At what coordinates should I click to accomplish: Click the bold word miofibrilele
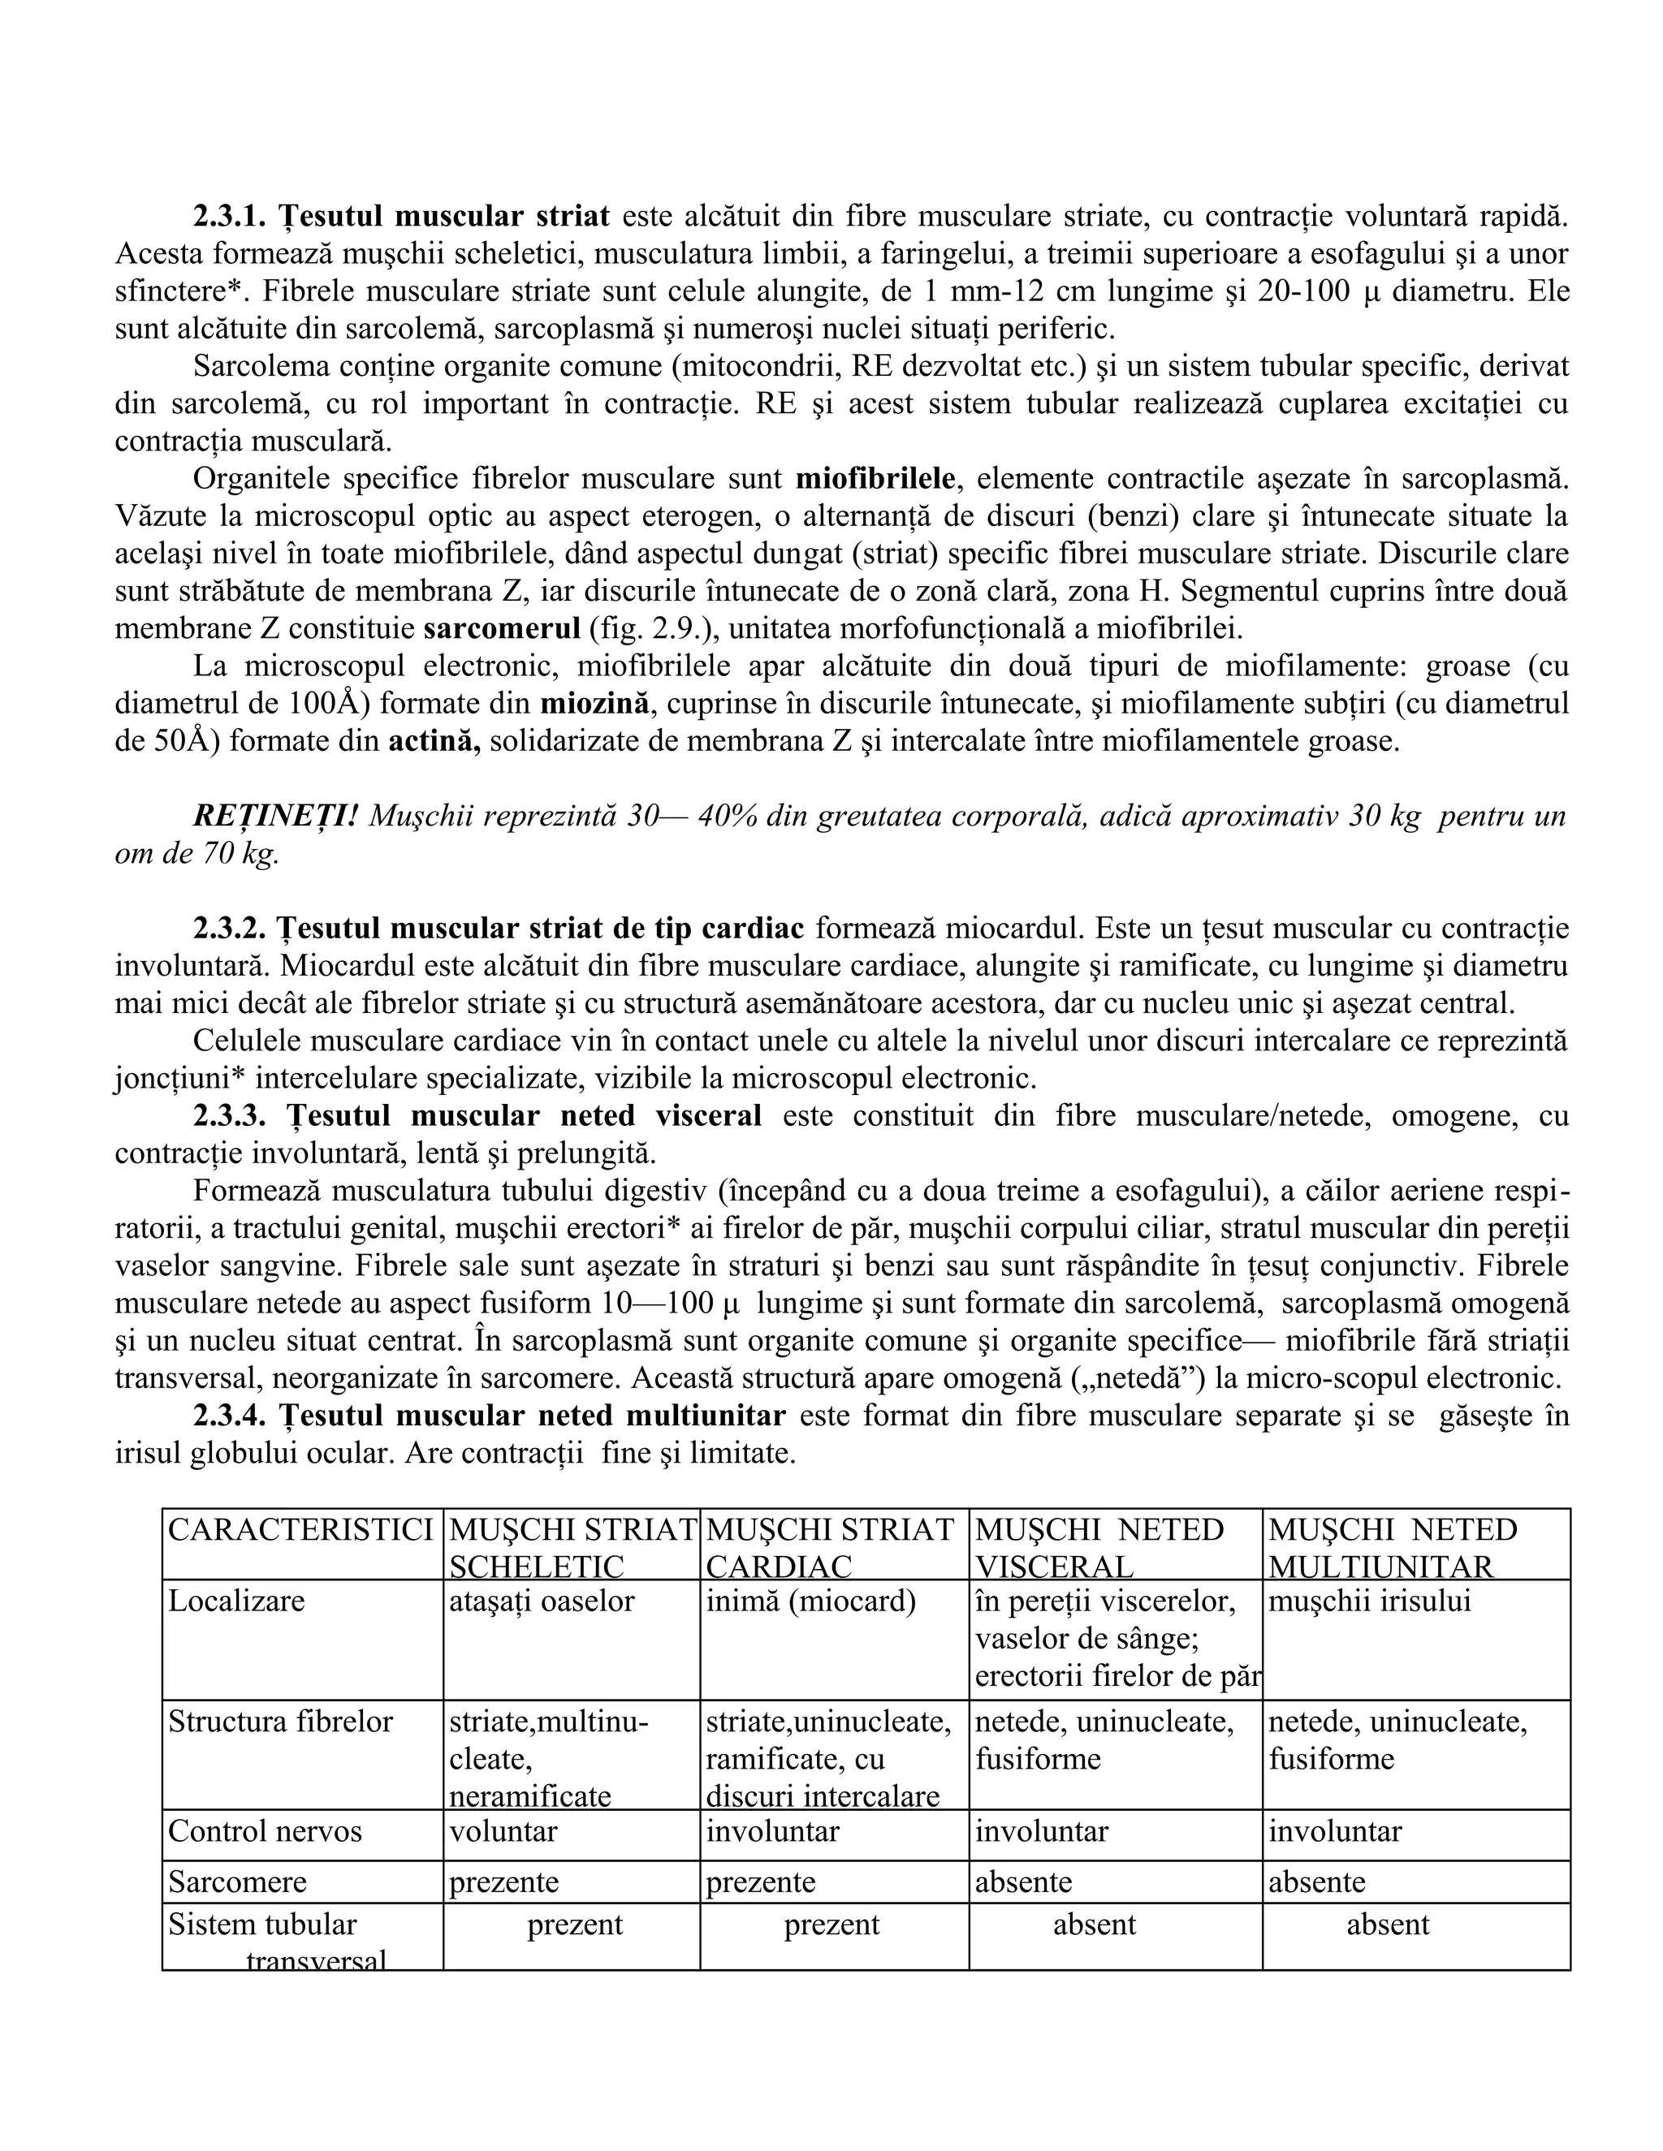coord(875,479)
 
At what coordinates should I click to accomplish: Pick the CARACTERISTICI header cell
coord(300,1529)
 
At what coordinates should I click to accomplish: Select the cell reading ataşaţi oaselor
coord(542,1601)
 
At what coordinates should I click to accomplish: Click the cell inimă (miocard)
coord(811,1601)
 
